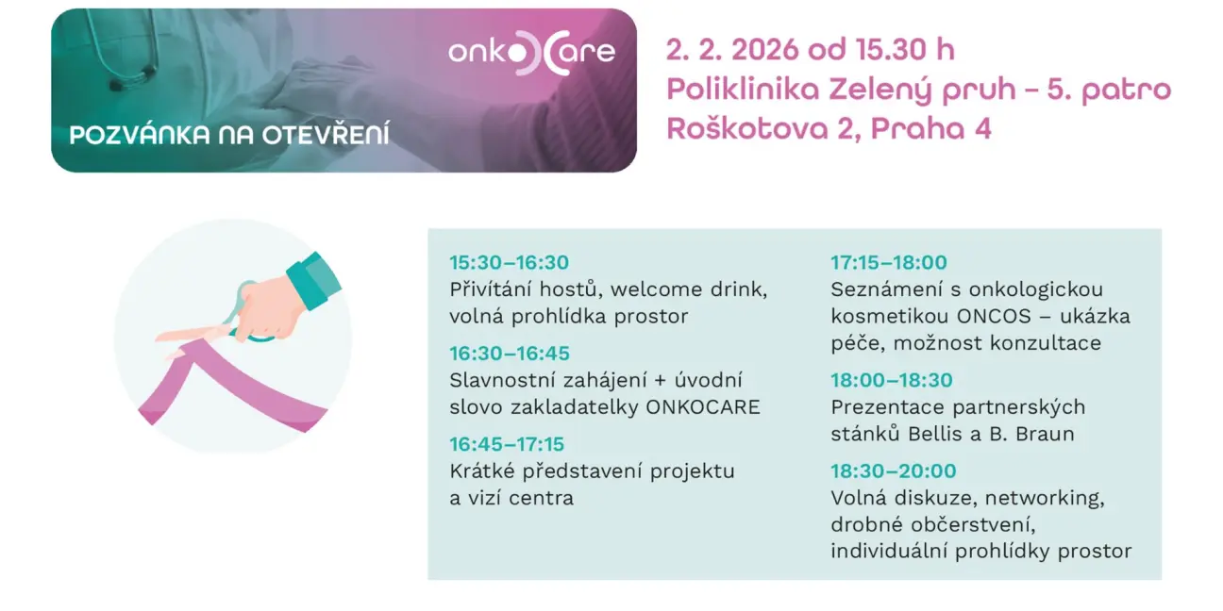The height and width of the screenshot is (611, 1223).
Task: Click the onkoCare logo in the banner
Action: [x=532, y=53]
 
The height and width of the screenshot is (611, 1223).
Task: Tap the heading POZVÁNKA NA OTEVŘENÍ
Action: [x=229, y=135]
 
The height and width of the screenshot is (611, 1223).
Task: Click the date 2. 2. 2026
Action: [x=732, y=50]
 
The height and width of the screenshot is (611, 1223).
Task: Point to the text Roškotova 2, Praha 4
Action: [x=829, y=129]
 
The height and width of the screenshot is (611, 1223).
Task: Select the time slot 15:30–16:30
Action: [x=509, y=262]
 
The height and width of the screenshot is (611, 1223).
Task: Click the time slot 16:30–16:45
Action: [x=510, y=354]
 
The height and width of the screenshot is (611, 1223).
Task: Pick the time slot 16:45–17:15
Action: [x=507, y=444]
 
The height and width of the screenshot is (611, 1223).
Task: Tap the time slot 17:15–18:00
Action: [x=889, y=262]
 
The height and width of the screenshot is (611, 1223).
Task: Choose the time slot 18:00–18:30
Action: [x=892, y=380]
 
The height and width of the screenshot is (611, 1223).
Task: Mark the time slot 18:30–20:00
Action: [x=894, y=471]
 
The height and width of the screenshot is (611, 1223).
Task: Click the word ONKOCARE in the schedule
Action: [x=703, y=407]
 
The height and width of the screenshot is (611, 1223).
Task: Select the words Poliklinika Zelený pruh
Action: [x=842, y=90]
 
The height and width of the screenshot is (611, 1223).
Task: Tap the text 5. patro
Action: [x=1109, y=90]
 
